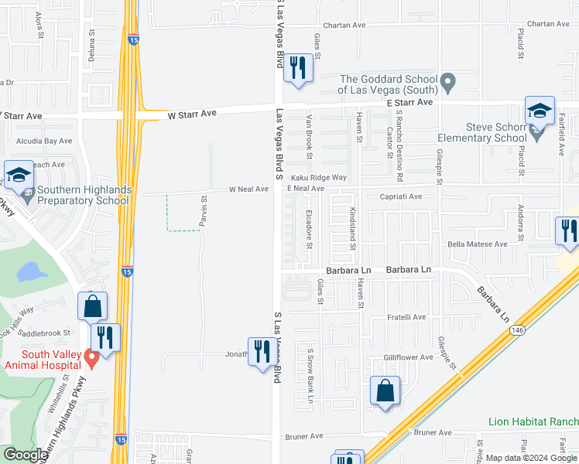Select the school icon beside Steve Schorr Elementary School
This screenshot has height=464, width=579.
(x=540, y=111)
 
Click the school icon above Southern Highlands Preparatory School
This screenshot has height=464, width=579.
(x=19, y=175)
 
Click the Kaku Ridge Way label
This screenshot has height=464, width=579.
(x=318, y=178)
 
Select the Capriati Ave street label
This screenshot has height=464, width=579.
(x=400, y=196)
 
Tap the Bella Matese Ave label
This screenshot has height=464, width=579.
(x=478, y=244)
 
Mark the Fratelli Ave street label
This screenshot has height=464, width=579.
(x=406, y=317)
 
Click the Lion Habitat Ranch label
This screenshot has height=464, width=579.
(x=533, y=421)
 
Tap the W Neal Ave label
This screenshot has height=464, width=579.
(x=248, y=189)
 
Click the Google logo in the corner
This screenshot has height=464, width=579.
(x=25, y=455)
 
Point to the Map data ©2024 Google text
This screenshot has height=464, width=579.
(x=531, y=458)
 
